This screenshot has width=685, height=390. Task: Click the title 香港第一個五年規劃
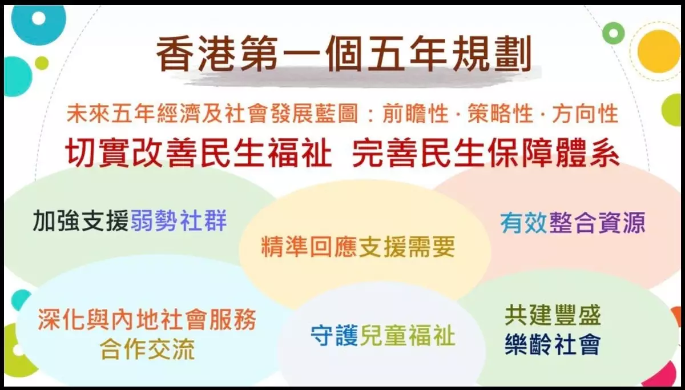coord(344,53)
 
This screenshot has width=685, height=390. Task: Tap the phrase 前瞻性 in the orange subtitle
coord(416,114)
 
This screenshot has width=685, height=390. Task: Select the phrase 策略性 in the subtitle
coord(500,114)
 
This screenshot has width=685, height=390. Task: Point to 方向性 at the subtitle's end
coord(585,114)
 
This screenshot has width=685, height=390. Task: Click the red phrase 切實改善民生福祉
coord(199,152)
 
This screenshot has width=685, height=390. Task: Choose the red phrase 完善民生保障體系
coord(486,152)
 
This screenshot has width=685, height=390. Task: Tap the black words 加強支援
coord(80,220)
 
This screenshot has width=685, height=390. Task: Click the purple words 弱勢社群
coord(179,220)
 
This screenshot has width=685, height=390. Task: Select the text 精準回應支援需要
coord(358,247)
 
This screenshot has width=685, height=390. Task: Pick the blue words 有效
coord(523,223)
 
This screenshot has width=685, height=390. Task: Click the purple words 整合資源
coord(597,223)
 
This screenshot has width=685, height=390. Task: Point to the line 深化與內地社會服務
coord(147,319)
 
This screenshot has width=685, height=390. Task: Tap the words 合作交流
coord(147,349)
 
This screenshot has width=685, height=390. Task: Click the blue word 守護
coord(335,335)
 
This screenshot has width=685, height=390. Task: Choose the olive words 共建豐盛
coord(553,315)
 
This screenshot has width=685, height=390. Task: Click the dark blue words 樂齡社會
coord(553,344)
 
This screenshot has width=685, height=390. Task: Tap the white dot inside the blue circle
coord(39,18)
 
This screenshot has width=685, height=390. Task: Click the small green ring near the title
coord(613,33)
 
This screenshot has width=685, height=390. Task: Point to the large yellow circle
coord(658,51)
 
